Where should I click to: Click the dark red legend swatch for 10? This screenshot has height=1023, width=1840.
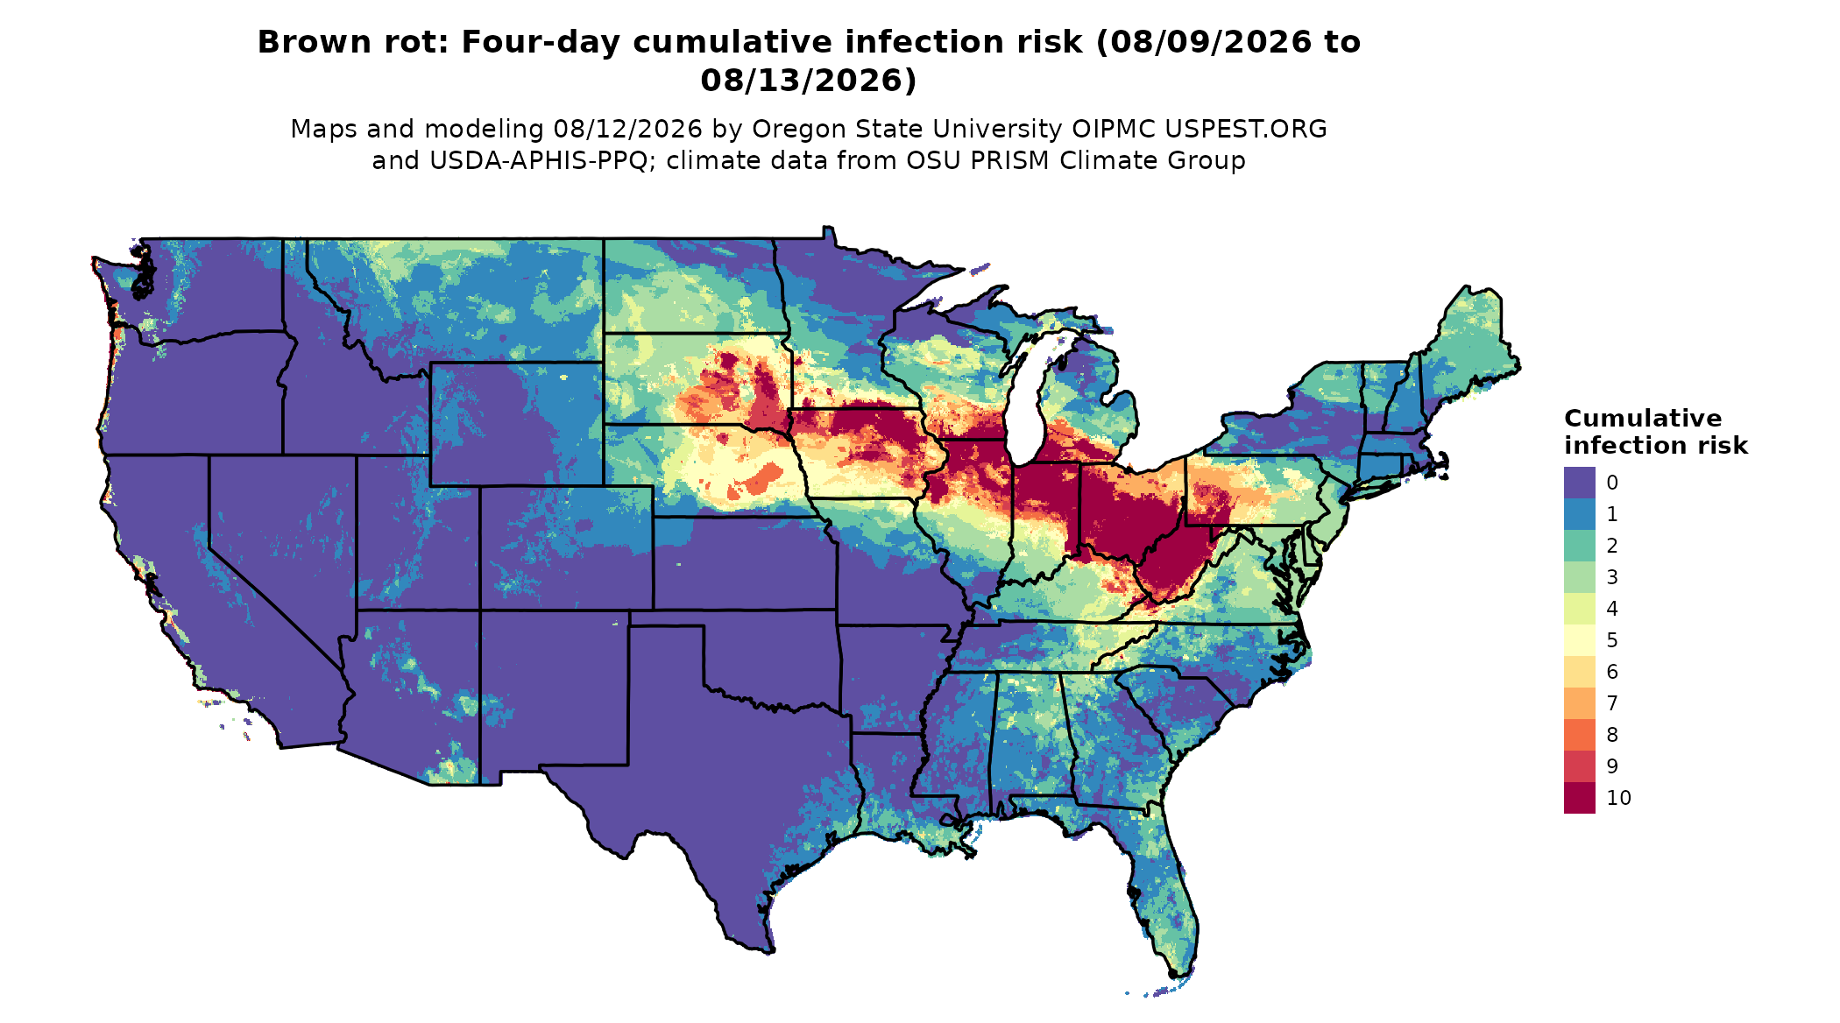click(1579, 798)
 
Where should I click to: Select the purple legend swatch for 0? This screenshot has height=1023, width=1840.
click(1579, 483)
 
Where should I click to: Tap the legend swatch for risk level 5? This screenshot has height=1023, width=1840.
click(1579, 640)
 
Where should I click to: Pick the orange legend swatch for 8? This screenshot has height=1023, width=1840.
click(1579, 735)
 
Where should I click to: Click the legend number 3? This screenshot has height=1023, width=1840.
click(1612, 577)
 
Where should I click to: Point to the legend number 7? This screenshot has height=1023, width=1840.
click(1612, 703)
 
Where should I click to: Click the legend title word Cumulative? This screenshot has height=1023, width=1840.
click(1643, 419)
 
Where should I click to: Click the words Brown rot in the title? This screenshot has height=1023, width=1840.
click(352, 42)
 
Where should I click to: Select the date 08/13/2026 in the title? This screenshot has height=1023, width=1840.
click(808, 81)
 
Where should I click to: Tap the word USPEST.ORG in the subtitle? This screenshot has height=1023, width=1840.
click(1245, 130)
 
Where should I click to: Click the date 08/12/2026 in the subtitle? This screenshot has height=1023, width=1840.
click(627, 130)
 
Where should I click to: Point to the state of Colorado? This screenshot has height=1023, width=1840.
click(566, 547)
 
